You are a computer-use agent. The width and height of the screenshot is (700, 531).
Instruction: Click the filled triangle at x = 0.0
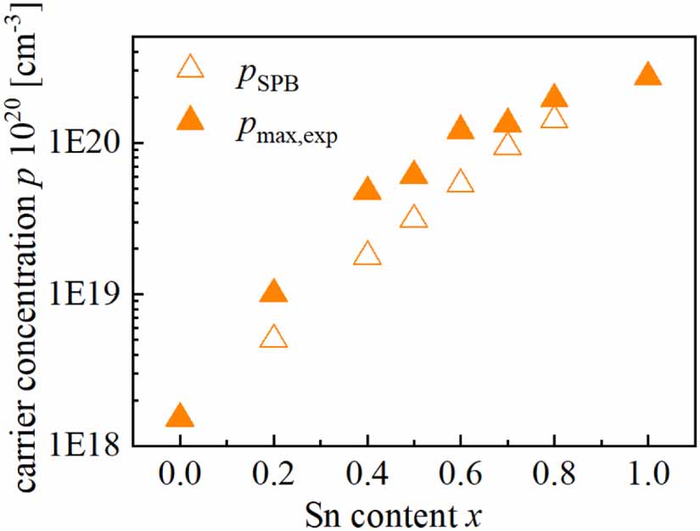180,416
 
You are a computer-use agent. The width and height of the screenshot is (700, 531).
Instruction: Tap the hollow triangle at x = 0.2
273,338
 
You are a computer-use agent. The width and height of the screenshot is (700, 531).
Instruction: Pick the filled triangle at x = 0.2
273,293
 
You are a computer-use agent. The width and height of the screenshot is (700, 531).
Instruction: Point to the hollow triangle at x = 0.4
367,254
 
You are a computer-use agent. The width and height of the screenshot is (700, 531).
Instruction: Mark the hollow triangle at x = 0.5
413,218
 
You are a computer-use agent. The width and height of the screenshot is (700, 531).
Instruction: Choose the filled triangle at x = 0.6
460,129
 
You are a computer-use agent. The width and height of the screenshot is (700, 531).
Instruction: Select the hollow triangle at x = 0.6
460,182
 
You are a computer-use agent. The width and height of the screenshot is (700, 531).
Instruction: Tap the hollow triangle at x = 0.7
507,145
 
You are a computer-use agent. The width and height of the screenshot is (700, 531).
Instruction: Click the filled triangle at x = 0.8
554,97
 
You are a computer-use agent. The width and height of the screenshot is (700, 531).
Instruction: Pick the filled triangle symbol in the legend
191,120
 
